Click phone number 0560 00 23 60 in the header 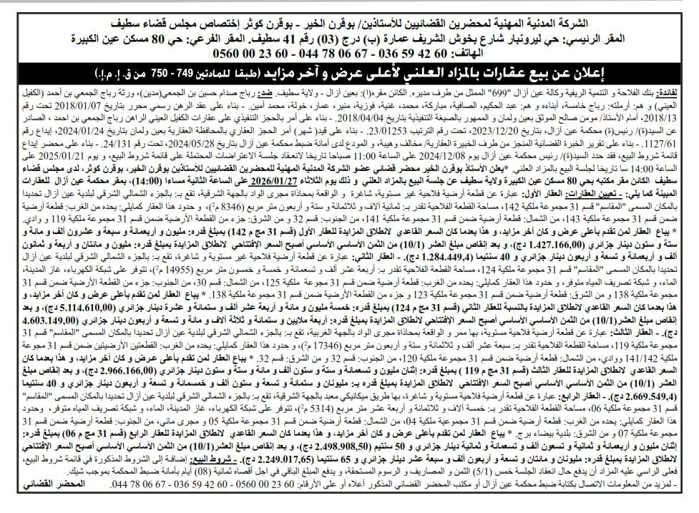[x=278, y=53]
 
